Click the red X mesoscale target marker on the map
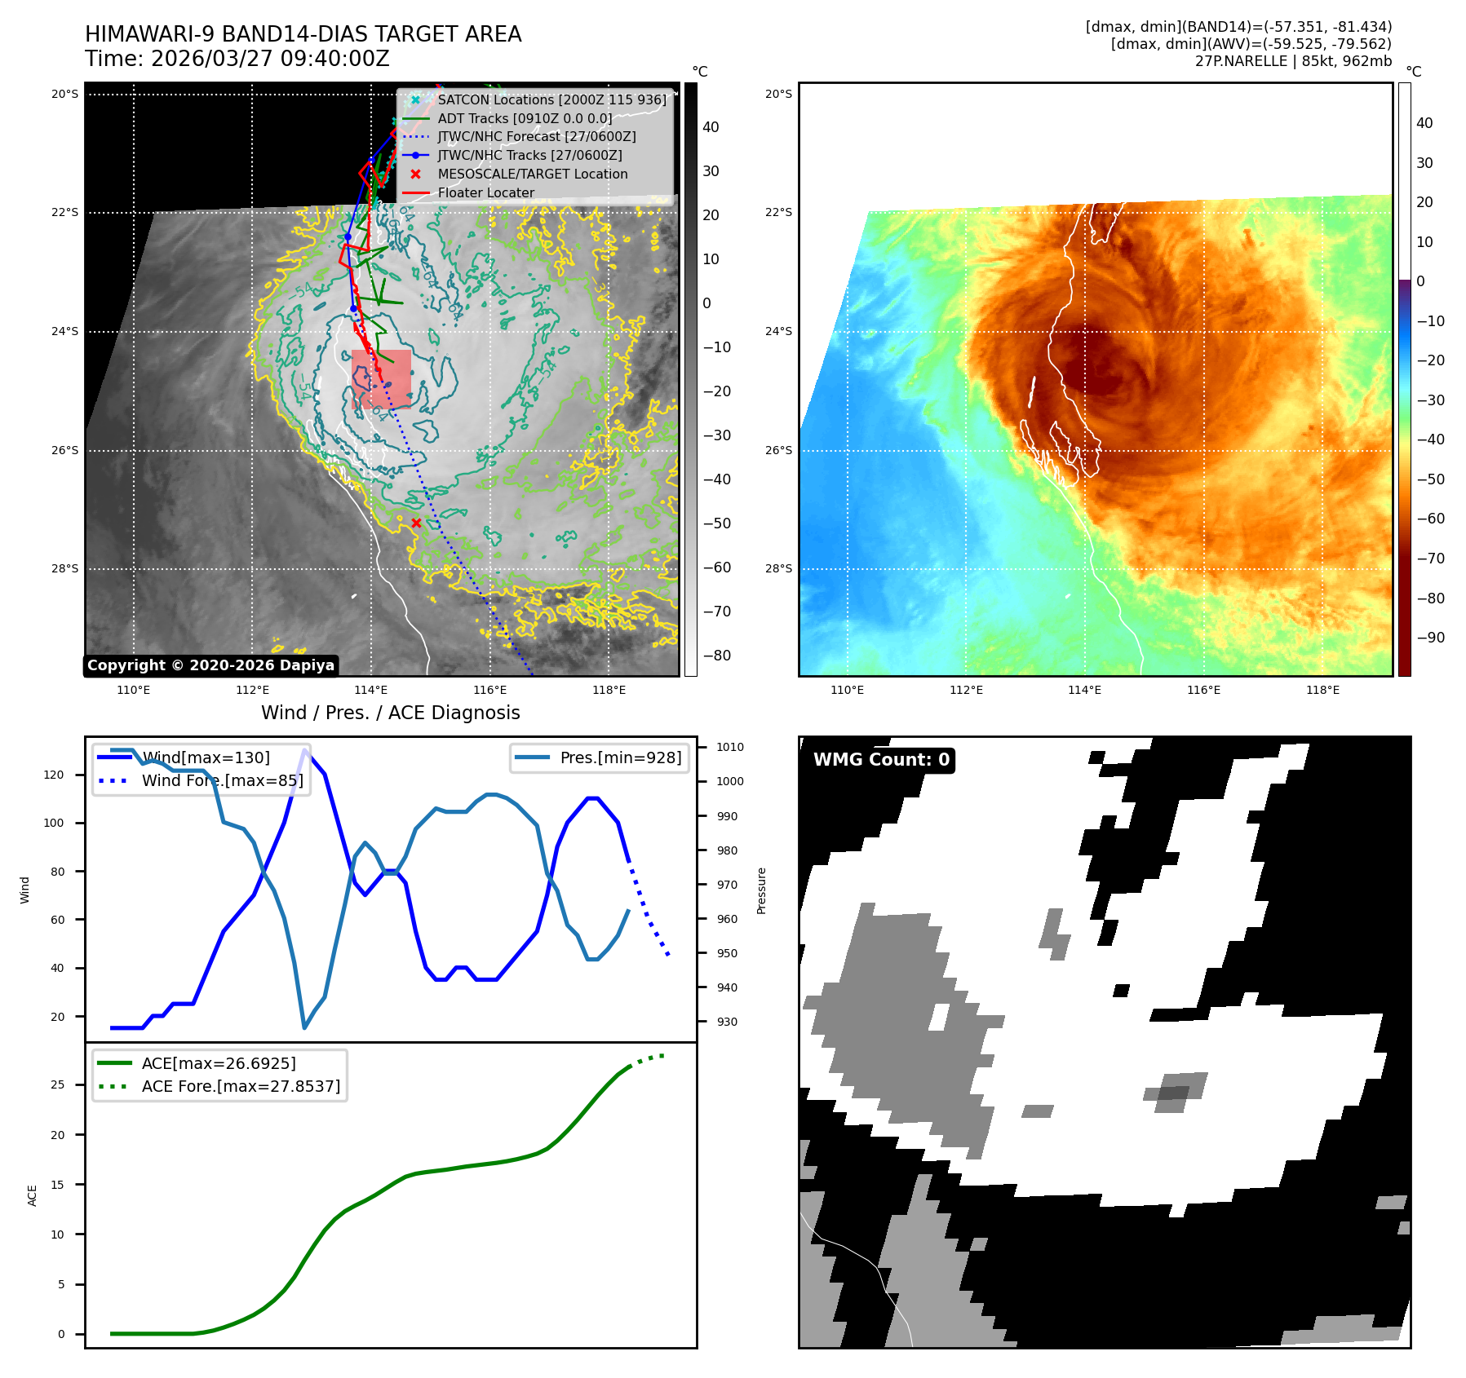tap(416, 523)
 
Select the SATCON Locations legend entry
tap(551, 100)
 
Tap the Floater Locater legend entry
tap(485, 193)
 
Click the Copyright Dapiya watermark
tap(210, 665)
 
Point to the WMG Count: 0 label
tap(881, 760)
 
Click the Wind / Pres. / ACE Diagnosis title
tap(390, 713)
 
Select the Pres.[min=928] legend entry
tap(620, 757)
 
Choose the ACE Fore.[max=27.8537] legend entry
tap(241, 1086)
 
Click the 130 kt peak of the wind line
tap(305, 750)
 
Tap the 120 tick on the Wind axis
tap(54, 775)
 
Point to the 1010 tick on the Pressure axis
tap(729, 747)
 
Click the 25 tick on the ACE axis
tap(57, 1084)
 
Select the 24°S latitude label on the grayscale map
tap(65, 332)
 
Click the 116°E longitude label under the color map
tap(1203, 690)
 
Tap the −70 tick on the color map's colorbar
tap(1430, 559)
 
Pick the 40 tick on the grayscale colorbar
tap(711, 127)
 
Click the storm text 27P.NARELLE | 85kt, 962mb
tap(1293, 61)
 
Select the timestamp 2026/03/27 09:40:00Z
tap(270, 60)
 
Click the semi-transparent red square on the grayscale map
tap(381, 379)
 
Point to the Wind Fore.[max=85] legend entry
tap(222, 780)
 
